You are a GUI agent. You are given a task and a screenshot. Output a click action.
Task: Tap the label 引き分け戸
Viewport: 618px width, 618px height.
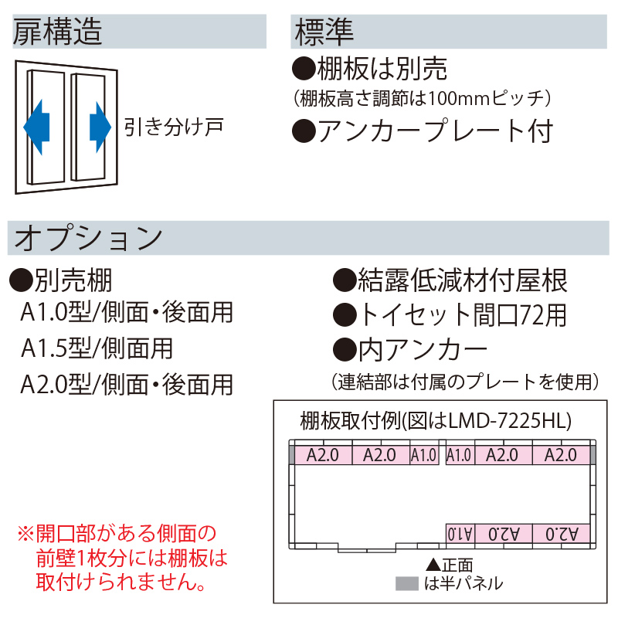(x=174, y=125)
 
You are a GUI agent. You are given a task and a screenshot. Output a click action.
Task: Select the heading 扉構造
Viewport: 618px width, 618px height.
(x=59, y=32)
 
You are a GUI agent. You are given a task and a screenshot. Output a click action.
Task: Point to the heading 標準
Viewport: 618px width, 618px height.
(x=324, y=32)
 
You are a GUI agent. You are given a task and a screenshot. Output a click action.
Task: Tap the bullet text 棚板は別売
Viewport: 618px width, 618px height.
(x=370, y=70)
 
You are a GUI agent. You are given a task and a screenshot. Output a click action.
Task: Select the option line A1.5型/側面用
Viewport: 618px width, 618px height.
(x=97, y=348)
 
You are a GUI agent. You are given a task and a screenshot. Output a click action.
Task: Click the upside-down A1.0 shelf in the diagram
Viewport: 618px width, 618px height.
(x=459, y=533)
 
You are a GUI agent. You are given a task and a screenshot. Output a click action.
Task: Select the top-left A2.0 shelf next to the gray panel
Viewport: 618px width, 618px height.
(x=323, y=455)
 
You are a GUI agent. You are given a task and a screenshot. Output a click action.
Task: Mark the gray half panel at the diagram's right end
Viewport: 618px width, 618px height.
(x=593, y=454)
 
